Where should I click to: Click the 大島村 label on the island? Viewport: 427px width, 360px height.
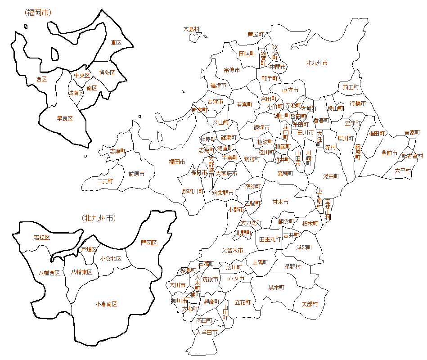[191, 29]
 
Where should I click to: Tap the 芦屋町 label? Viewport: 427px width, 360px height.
[256, 34]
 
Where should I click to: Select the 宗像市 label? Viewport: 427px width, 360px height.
[232, 70]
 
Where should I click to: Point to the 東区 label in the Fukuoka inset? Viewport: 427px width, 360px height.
[116, 43]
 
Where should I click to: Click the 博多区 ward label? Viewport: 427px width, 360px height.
[107, 72]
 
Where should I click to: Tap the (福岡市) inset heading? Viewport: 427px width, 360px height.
[38, 12]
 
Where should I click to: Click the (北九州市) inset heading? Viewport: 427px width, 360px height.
[99, 218]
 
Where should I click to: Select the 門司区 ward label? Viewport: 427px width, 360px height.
[148, 243]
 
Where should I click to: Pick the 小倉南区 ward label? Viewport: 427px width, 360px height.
[106, 304]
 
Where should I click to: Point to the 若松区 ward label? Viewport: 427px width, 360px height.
[42, 237]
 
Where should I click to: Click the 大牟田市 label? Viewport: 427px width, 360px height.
[207, 333]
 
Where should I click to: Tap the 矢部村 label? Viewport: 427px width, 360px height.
[309, 304]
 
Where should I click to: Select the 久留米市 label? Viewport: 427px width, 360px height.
[232, 250]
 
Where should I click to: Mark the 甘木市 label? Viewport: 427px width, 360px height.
[280, 202]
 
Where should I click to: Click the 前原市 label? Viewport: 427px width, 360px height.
[136, 174]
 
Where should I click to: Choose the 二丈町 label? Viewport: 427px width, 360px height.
[105, 181]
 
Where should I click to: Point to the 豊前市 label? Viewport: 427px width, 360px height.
[389, 153]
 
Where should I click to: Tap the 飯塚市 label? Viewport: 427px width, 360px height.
[261, 128]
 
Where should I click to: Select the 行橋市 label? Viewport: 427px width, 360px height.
[358, 103]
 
